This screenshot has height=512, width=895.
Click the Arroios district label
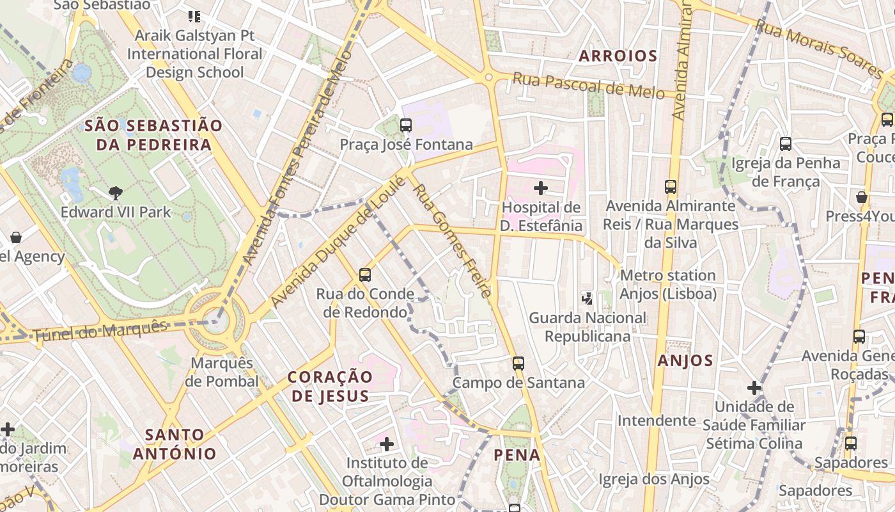point(618,56)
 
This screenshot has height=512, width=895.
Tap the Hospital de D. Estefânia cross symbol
point(541,188)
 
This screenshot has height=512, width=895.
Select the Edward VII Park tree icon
point(116,193)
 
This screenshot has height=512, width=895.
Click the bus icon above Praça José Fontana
point(406,125)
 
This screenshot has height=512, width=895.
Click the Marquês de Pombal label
point(224,372)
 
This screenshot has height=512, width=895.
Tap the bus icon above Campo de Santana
point(518,364)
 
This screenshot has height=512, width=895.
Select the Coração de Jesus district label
point(330,386)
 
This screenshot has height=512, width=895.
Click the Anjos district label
point(685,361)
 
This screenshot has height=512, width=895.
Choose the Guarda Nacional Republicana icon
point(587,298)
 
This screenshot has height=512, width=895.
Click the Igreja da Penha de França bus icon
point(786,144)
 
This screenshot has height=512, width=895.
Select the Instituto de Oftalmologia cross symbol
point(387,444)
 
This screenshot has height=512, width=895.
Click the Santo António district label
point(175,444)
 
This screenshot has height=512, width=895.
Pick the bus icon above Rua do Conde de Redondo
point(365,275)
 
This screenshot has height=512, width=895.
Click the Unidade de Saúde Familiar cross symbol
point(754,387)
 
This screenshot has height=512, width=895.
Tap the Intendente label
point(656,420)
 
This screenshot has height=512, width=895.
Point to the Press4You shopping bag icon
point(862,197)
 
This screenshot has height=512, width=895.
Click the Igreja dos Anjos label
point(653,479)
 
